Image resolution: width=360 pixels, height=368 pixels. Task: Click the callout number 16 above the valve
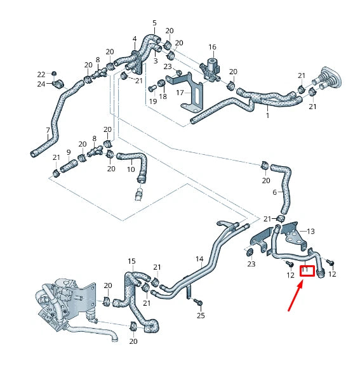pyautogui.click(x=213, y=47)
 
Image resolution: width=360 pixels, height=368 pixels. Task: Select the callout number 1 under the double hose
pyautogui.click(x=267, y=116)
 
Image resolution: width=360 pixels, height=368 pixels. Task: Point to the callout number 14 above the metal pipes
pyautogui.click(x=199, y=259)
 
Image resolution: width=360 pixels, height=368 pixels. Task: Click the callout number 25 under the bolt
pyautogui.click(x=201, y=315)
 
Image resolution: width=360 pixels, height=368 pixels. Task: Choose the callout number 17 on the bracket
pyautogui.click(x=180, y=93)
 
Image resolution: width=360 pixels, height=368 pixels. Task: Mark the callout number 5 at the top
pyautogui.click(x=154, y=23)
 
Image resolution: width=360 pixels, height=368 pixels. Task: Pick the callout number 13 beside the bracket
pyautogui.click(x=310, y=232)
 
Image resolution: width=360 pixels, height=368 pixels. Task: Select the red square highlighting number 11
pyautogui.click(x=307, y=272)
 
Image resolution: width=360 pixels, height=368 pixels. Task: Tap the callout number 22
pyautogui.click(x=41, y=74)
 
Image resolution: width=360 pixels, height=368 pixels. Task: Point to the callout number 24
pyautogui.click(x=41, y=84)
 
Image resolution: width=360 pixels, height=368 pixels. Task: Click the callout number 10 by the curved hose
pyautogui.click(x=130, y=169)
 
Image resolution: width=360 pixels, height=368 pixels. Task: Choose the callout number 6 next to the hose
pyautogui.click(x=275, y=192)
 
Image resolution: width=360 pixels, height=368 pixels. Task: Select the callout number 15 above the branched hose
pyautogui.click(x=131, y=261)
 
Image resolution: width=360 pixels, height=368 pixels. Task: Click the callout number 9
pyautogui.click(x=69, y=152)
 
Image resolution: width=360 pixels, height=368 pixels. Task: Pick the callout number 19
pyautogui.click(x=152, y=101)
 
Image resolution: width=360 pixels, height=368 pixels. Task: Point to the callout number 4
pyautogui.click(x=134, y=39)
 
